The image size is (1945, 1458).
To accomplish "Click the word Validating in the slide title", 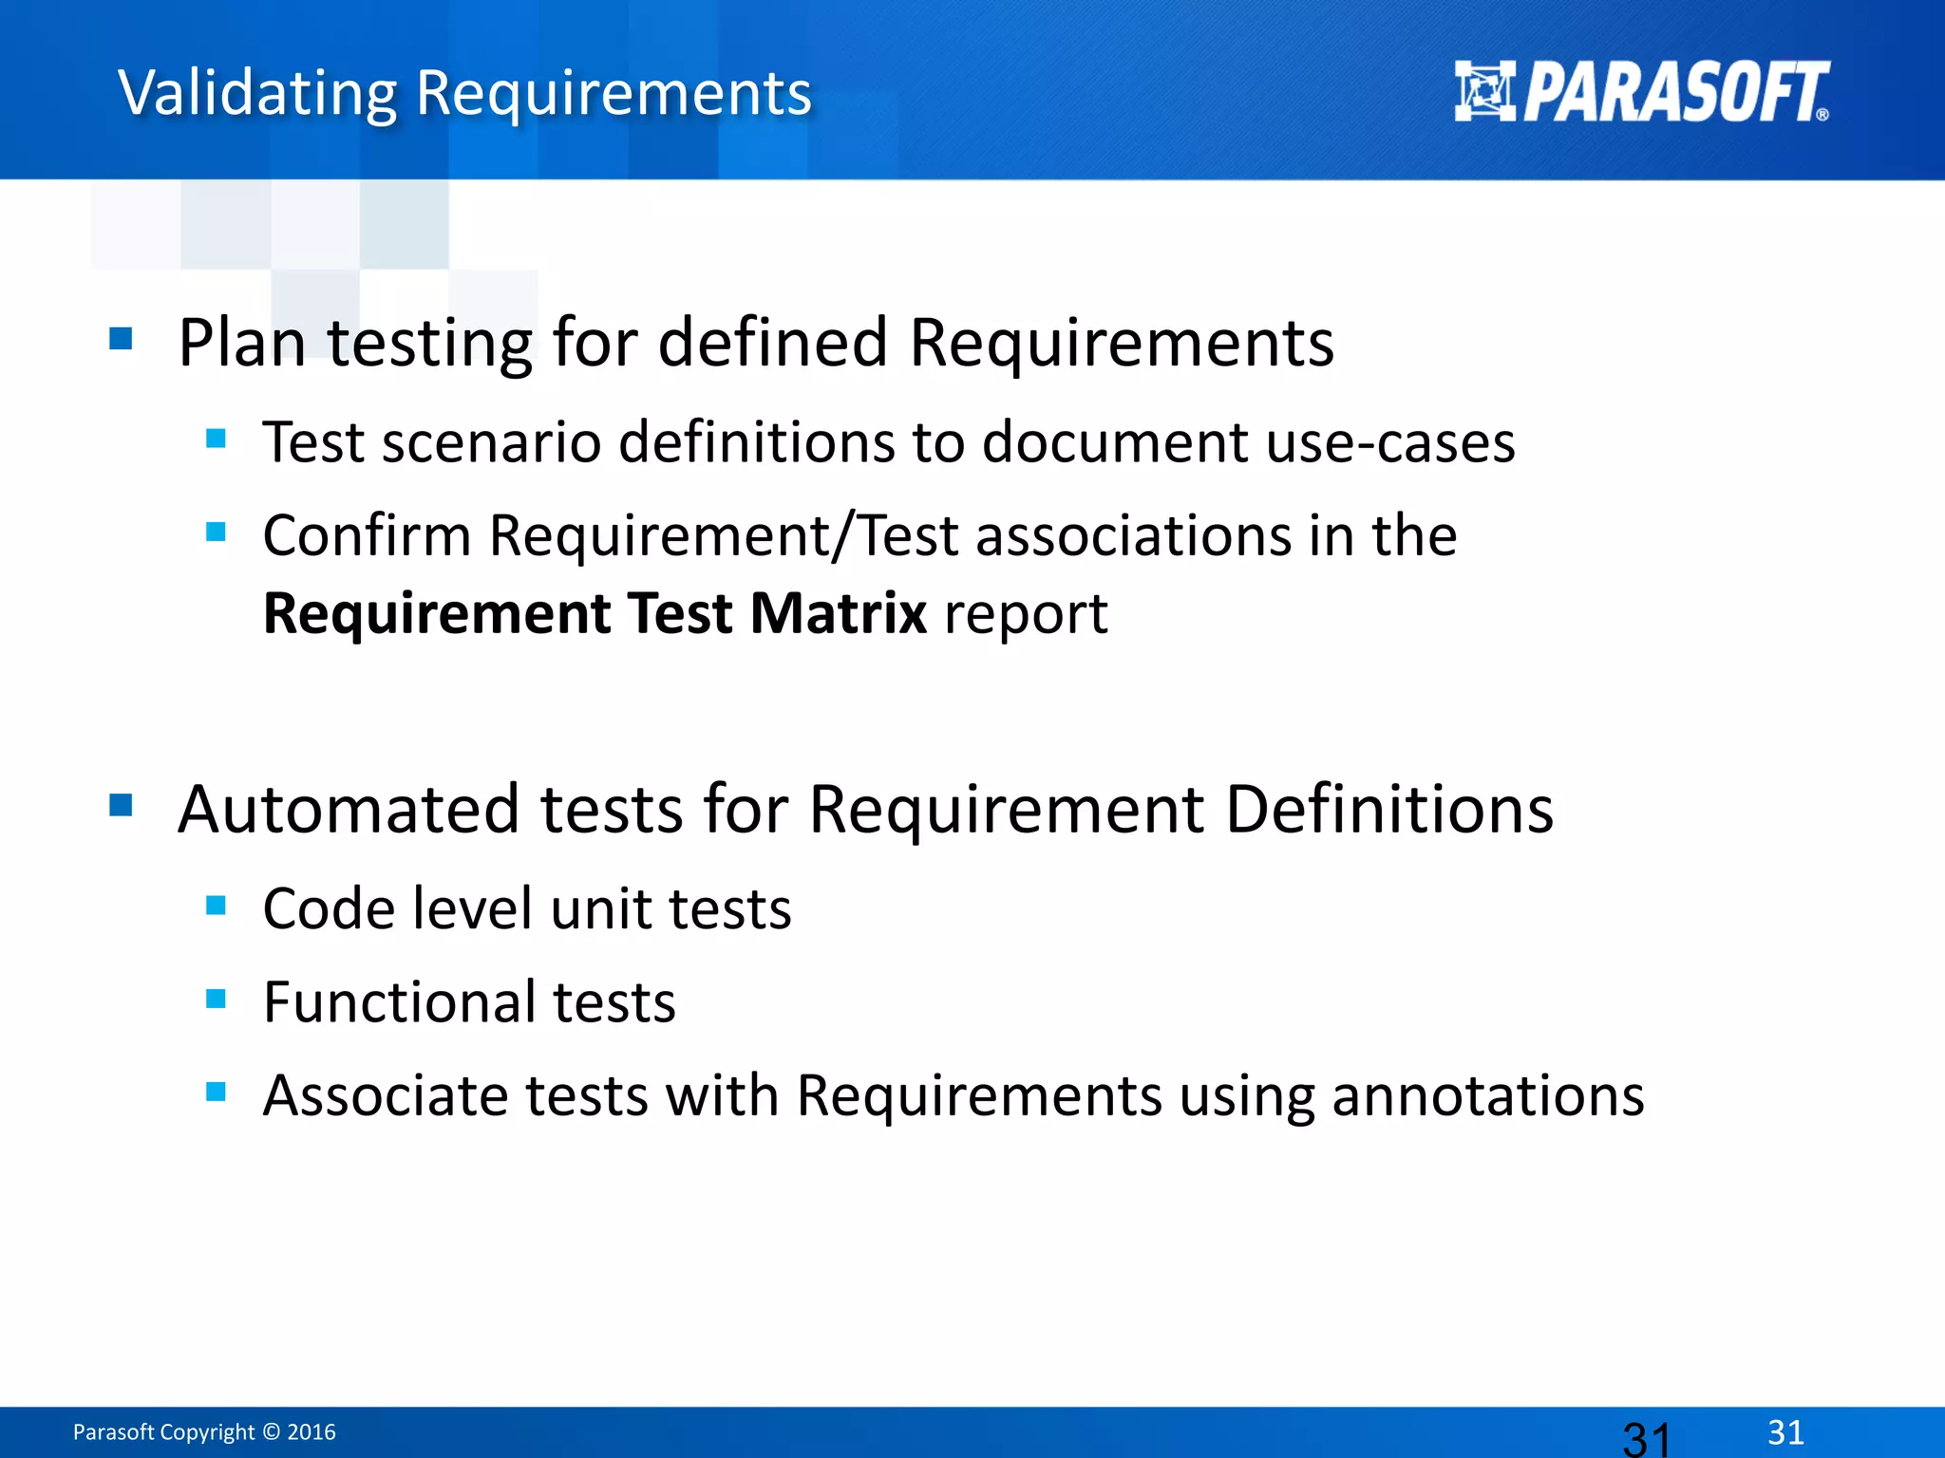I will tap(257, 94).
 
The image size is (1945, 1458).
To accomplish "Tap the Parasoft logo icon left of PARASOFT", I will tap(1484, 91).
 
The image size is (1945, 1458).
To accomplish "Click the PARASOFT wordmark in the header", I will tap(1676, 92).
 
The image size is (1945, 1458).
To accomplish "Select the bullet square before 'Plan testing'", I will tap(121, 339).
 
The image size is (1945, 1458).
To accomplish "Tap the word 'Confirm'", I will tap(367, 535).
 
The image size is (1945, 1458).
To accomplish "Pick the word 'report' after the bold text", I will tap(1026, 615).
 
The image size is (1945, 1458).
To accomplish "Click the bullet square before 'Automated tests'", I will tap(121, 805).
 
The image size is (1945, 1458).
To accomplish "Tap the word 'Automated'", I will tap(349, 810).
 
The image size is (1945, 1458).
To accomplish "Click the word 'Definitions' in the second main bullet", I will tap(1388, 810).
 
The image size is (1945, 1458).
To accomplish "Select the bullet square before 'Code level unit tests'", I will tap(216, 906).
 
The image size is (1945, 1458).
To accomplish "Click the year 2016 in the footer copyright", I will tap(312, 1431).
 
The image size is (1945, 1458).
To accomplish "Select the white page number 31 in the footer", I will tap(1785, 1431).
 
